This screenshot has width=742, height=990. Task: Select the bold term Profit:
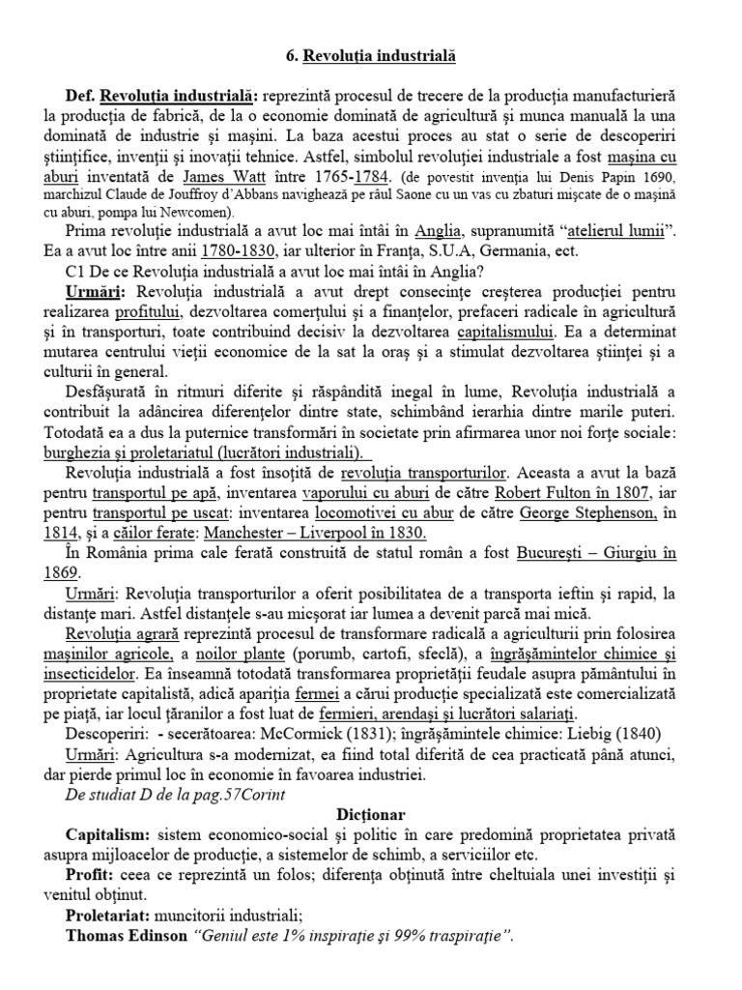click(x=93, y=877)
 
